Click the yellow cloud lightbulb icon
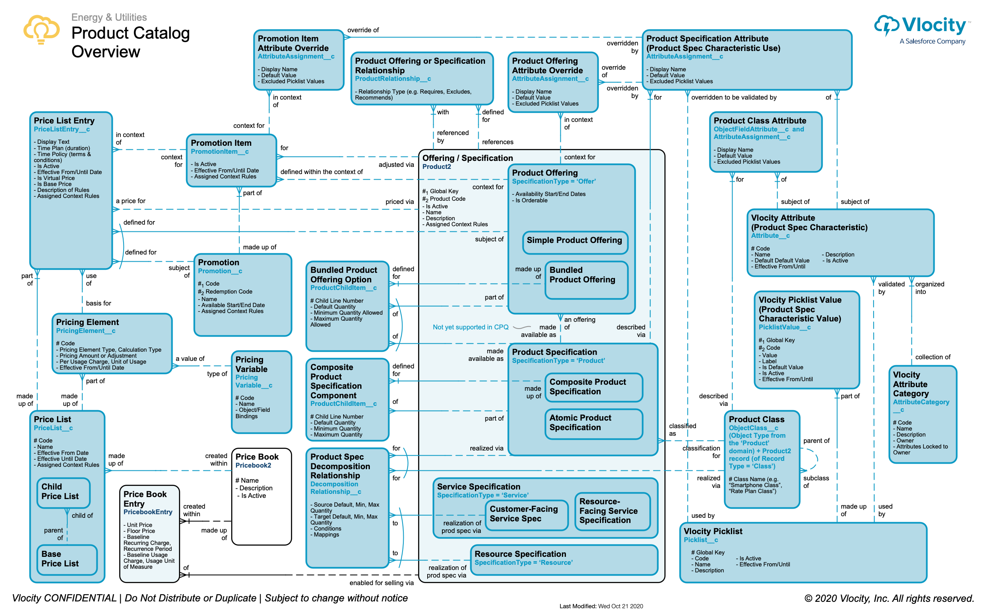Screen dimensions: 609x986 point(41,29)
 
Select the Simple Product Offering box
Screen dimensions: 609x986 point(575,242)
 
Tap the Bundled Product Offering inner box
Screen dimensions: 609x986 point(586,280)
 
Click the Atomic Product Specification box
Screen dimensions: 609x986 point(593,424)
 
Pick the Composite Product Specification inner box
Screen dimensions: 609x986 point(593,388)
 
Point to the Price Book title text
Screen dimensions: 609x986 point(257,457)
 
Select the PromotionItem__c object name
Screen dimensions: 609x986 point(220,152)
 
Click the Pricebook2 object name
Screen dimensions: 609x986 point(253,466)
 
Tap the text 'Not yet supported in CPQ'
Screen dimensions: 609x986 point(470,327)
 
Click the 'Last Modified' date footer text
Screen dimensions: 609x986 point(601,606)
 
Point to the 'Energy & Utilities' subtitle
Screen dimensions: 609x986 point(109,17)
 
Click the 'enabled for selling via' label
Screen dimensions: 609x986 point(381,583)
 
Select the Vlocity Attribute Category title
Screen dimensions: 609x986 point(911,384)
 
